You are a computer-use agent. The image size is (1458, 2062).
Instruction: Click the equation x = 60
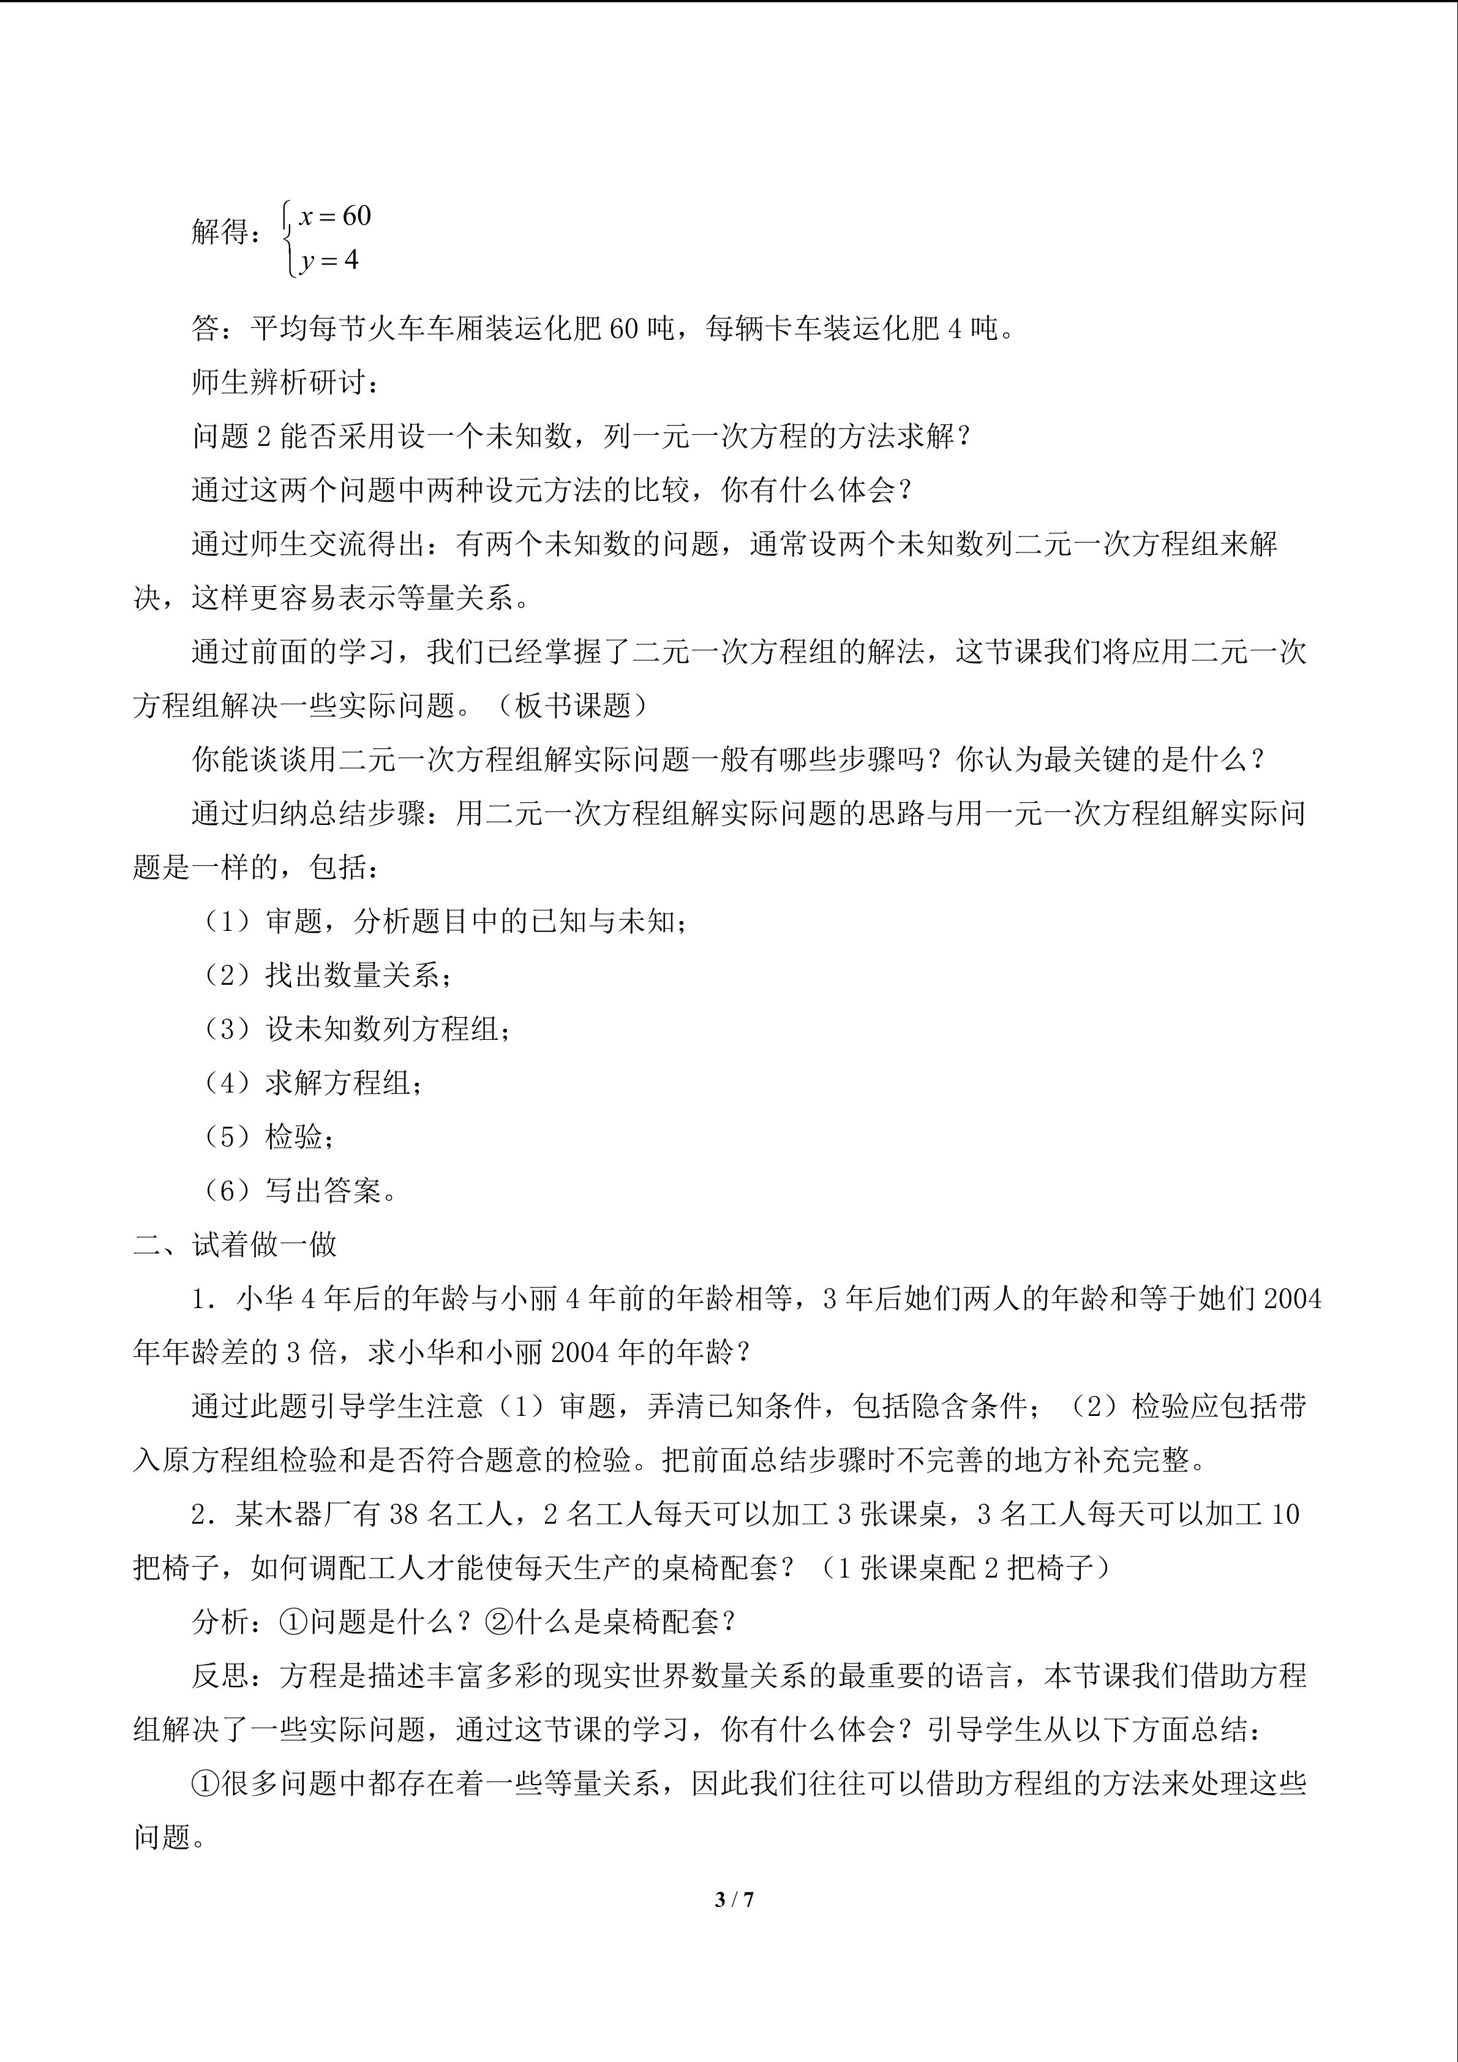335,216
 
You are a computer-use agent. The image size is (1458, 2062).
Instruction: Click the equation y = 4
329,260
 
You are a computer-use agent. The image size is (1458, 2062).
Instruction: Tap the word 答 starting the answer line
206,329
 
